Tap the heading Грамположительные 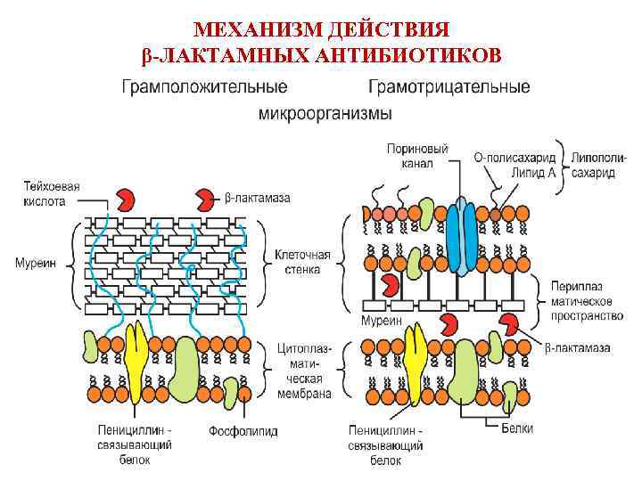[x=204, y=87]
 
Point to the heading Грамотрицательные [x=449, y=87]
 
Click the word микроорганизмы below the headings [x=325, y=114]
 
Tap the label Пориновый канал [x=417, y=156]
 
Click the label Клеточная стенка [x=302, y=262]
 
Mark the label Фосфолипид [x=243, y=431]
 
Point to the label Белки [x=517, y=428]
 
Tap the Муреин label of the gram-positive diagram [x=35, y=263]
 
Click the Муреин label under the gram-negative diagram [x=381, y=320]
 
